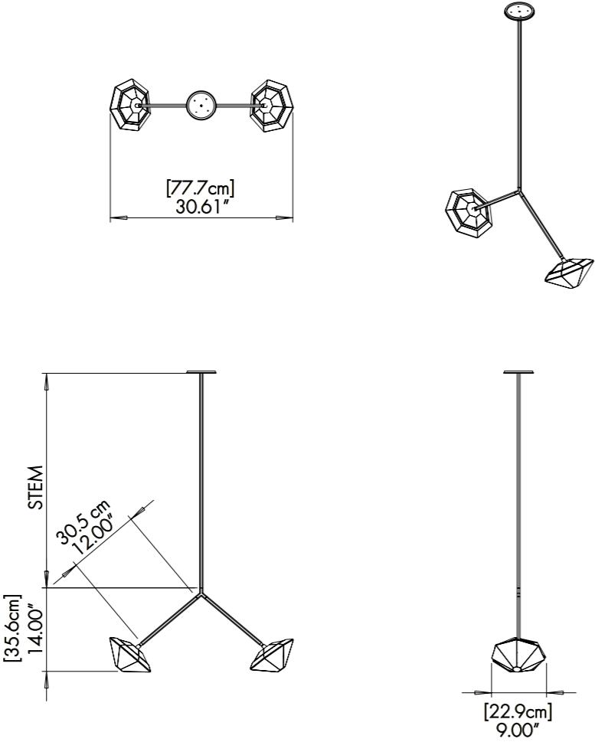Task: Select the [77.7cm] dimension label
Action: pyautogui.click(x=201, y=188)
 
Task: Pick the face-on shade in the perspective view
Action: pyautogui.click(x=469, y=209)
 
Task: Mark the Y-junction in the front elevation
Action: pyautogui.click(x=202, y=590)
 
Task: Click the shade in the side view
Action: pyautogui.click(x=518, y=655)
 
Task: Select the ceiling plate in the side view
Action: pyautogui.click(x=518, y=373)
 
